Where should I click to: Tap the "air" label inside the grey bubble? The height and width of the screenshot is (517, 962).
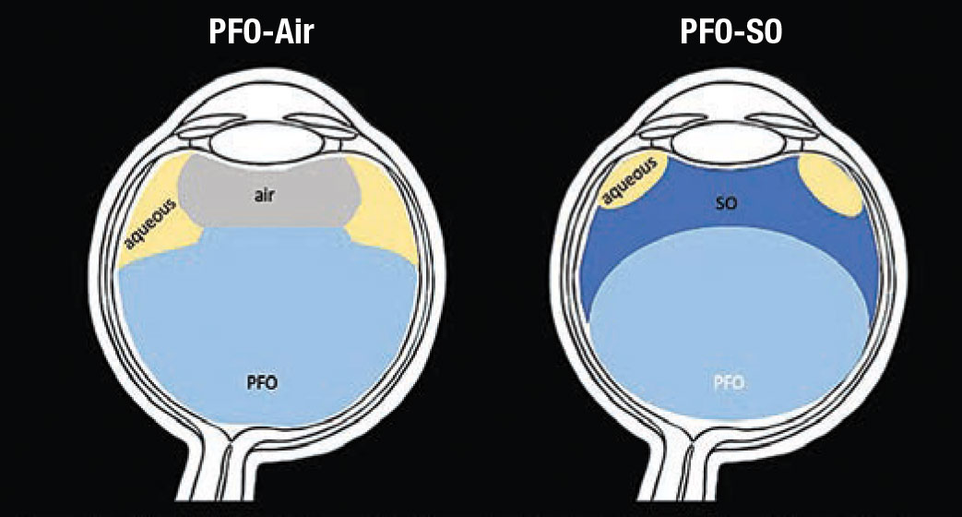coord(264,196)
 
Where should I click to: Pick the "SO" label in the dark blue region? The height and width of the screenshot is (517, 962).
coord(726,202)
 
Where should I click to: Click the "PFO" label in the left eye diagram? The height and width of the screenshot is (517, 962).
coord(262,383)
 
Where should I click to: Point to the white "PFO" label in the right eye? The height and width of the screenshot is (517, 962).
coord(729,383)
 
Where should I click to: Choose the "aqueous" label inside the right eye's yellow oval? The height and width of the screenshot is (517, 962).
coord(630,179)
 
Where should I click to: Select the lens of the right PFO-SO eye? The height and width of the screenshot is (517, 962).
coord(728,142)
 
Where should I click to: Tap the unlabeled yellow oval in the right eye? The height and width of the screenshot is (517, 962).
coord(830,184)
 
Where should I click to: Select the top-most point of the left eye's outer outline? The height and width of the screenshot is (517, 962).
coord(265,67)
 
